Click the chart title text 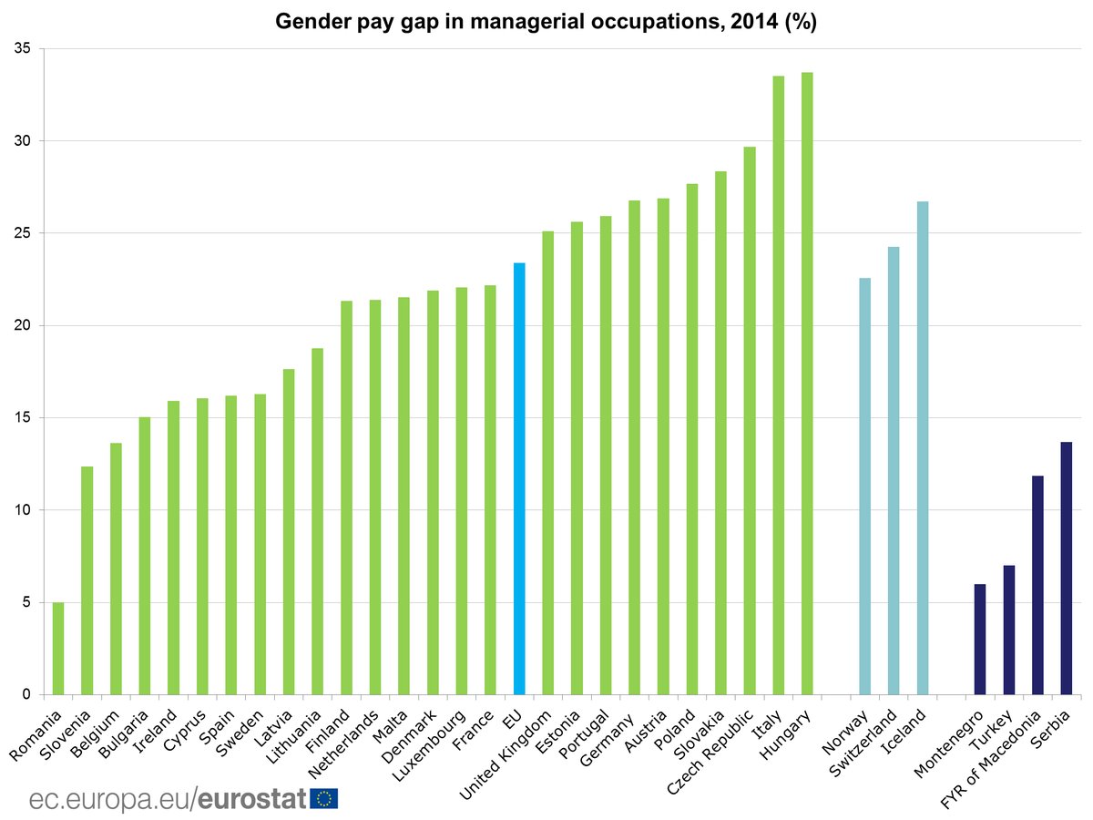pyautogui.click(x=546, y=22)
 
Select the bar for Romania pyautogui.click(x=58, y=649)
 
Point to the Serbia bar pyautogui.click(x=1067, y=569)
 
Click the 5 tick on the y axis pyautogui.click(x=26, y=602)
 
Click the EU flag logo pyautogui.click(x=324, y=799)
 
